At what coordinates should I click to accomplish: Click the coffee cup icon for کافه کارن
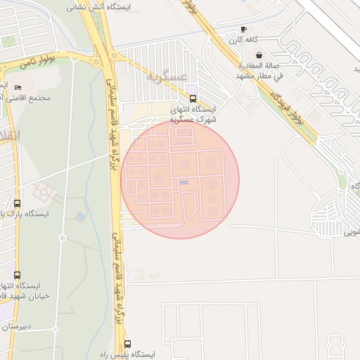(x=244, y=30)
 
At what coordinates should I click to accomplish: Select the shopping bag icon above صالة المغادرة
(x=259, y=55)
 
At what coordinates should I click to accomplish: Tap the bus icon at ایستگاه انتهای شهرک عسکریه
(x=193, y=98)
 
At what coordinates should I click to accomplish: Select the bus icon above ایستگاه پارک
(x=17, y=202)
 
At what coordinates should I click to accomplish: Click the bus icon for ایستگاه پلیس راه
(x=127, y=344)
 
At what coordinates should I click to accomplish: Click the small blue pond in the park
(x=80, y=217)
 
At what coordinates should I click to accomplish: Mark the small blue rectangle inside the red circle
(x=184, y=183)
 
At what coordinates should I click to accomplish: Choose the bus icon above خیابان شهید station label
(x=17, y=275)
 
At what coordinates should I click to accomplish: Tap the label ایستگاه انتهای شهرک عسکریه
(x=193, y=115)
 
